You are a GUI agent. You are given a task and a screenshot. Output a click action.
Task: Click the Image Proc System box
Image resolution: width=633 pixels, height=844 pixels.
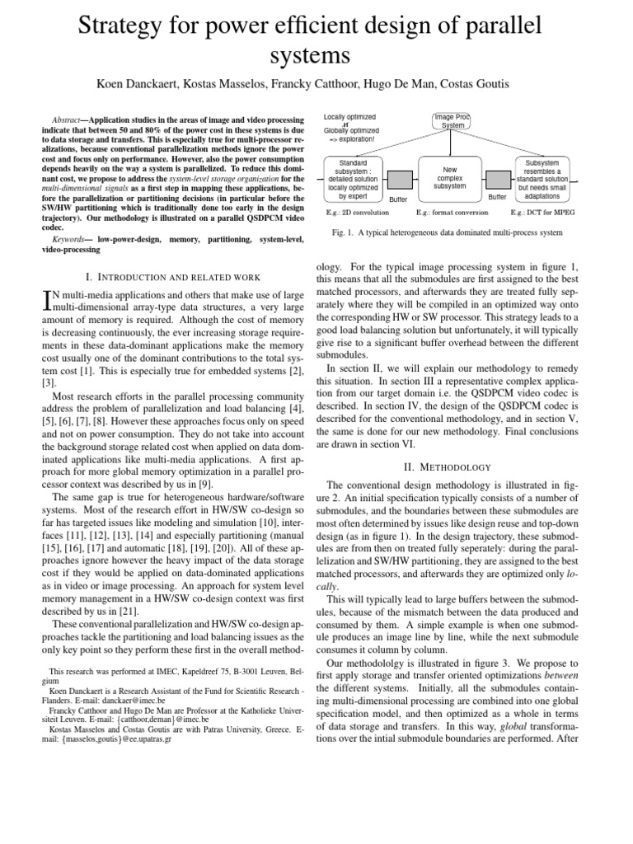(x=452, y=120)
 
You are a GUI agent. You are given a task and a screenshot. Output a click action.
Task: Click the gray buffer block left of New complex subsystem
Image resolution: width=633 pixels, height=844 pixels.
(x=400, y=180)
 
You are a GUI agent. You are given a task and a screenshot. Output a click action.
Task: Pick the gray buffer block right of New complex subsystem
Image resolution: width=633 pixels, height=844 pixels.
(x=497, y=180)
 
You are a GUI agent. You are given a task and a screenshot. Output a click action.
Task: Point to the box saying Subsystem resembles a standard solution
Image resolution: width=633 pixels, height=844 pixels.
(x=542, y=180)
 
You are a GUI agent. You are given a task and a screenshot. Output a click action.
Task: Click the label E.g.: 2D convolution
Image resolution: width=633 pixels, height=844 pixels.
(x=354, y=213)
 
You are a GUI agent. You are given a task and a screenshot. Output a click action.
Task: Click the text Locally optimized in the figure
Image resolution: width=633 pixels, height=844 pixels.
(x=349, y=117)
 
